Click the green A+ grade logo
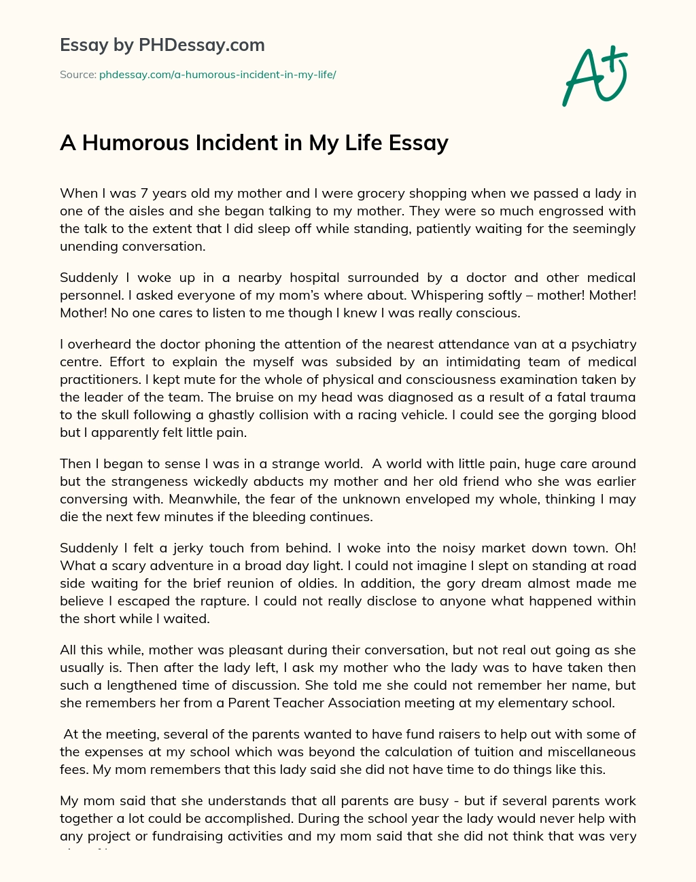point(595,76)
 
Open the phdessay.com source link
point(217,74)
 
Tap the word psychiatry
point(602,344)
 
